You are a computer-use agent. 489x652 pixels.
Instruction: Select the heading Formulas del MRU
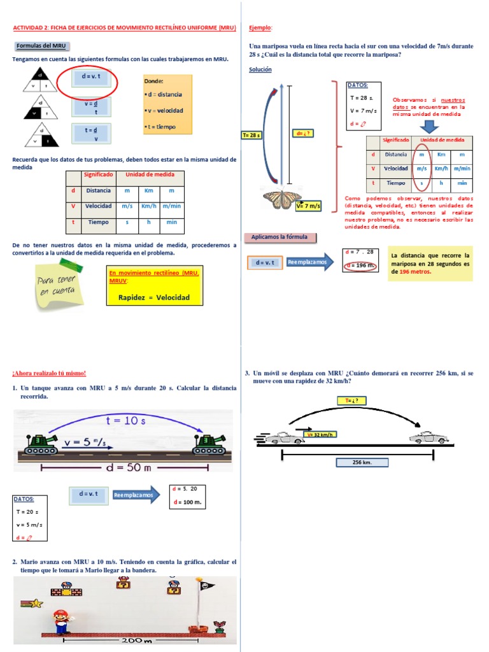(x=41, y=46)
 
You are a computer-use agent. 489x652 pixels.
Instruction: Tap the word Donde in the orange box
(x=153, y=81)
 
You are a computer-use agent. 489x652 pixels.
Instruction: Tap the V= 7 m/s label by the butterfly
(x=308, y=206)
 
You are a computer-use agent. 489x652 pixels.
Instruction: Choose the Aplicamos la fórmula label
(x=279, y=237)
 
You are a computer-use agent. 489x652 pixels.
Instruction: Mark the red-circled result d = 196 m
(x=360, y=266)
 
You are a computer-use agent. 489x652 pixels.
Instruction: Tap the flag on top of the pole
(x=204, y=582)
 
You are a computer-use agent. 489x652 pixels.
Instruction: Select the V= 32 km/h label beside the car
(x=321, y=434)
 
